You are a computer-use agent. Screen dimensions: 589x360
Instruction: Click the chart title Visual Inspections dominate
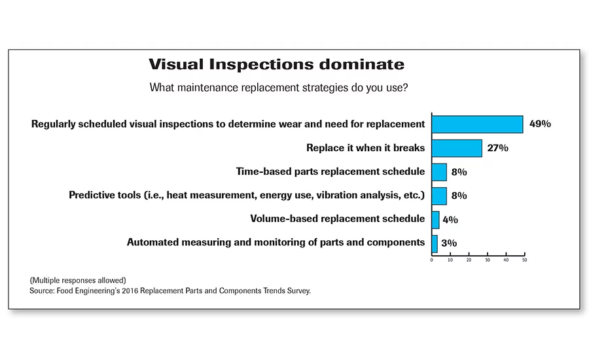coord(276,64)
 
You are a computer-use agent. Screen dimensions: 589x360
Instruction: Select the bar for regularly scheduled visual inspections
coord(477,124)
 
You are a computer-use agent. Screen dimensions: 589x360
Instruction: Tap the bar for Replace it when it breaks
coord(457,148)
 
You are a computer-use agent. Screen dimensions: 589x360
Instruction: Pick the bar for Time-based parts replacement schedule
coord(439,172)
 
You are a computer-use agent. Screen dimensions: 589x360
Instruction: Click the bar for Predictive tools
coord(439,196)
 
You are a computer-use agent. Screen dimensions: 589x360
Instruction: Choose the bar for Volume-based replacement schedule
coord(435,220)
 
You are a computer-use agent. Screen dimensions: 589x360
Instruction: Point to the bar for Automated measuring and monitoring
coord(435,244)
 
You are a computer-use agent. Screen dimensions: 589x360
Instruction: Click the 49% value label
coord(540,124)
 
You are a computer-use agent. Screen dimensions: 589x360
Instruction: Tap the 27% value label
coord(498,148)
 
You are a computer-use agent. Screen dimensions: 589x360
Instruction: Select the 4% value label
coord(450,220)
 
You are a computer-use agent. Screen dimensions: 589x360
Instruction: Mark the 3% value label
coord(449,243)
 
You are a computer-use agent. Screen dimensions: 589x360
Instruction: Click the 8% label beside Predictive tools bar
coord(459,196)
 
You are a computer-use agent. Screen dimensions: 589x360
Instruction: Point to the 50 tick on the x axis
coord(524,260)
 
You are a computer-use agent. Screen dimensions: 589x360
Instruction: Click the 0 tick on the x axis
coord(432,260)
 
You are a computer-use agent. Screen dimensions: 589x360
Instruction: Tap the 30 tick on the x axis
coord(487,260)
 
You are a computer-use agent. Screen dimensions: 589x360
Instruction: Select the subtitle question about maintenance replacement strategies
coord(279,88)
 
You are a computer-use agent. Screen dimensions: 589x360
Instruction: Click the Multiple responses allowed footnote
coord(78,280)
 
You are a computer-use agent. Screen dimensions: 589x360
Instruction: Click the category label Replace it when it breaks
coord(365,148)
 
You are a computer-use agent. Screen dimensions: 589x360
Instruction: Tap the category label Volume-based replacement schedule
coord(337,219)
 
